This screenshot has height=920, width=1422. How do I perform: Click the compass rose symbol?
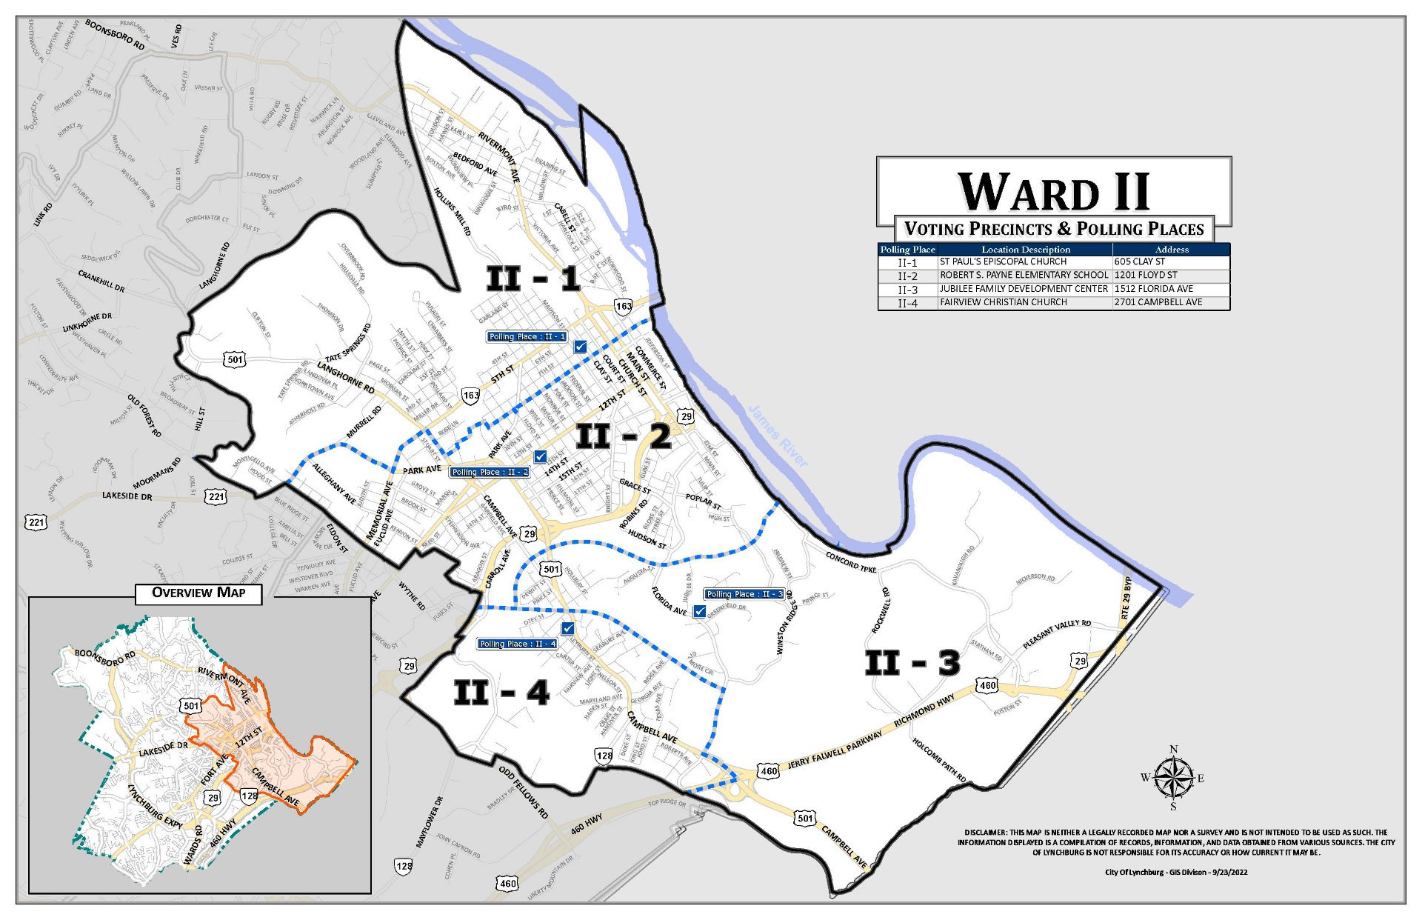tap(1173, 779)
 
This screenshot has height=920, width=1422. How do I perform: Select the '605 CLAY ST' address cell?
tap(1139, 261)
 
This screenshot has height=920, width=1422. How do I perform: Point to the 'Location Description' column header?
tap(1026, 250)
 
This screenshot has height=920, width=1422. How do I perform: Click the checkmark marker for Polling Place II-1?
tap(580, 346)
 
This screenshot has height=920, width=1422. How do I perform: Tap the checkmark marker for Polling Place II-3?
tap(699, 611)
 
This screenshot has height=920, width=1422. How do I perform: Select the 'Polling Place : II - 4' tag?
tap(517, 644)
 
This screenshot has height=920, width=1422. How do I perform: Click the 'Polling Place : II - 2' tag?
tap(490, 472)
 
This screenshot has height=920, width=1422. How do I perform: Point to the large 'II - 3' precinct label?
tap(912, 663)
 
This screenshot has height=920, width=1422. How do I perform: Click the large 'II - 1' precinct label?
tap(533, 279)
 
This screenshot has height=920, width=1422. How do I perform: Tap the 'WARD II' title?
tap(1053, 192)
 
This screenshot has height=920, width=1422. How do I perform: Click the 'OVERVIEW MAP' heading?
tap(198, 593)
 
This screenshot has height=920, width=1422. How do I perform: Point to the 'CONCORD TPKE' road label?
tap(851, 562)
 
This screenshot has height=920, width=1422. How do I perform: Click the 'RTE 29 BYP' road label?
tap(1126, 597)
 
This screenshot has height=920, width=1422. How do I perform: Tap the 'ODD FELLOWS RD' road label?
tap(523, 792)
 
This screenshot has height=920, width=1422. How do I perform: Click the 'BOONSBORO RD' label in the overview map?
tap(105, 657)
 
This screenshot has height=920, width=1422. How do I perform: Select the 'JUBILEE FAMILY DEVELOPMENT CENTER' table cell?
tap(1024, 289)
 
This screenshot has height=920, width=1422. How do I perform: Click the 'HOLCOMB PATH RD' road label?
tap(939, 760)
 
